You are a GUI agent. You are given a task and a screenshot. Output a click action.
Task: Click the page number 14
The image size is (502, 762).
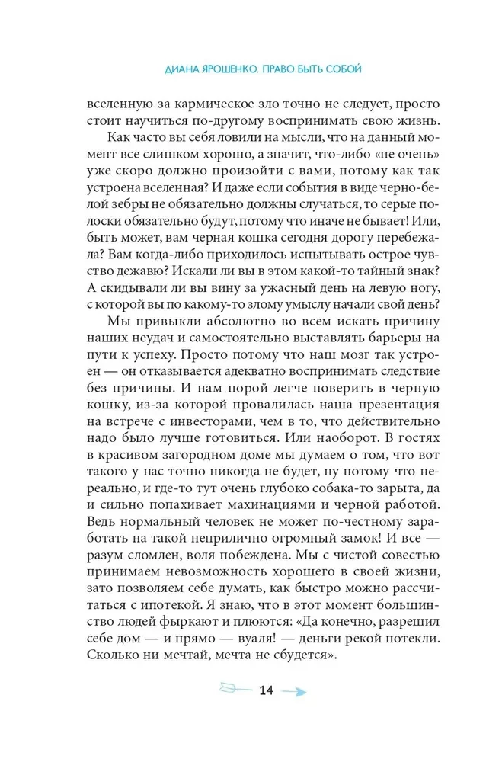pyautogui.click(x=266, y=691)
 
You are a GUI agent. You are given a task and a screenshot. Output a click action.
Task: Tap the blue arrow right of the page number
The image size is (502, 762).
pyautogui.click(x=294, y=692)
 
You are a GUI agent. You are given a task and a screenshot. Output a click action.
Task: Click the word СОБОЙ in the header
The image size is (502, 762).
pyautogui.click(x=342, y=69)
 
